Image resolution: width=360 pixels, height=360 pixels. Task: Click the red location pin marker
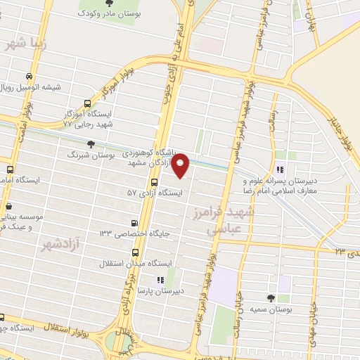click(x=181, y=165)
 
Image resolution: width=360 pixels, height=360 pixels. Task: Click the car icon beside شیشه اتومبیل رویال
click(x=28, y=77)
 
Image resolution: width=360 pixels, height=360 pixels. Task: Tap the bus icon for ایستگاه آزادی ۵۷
click(x=154, y=181)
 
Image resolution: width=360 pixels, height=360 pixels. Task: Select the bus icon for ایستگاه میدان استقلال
click(x=134, y=254)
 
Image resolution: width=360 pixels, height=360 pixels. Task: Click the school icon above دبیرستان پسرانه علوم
click(x=280, y=169)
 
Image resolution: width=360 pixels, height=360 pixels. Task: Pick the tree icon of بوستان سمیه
click(x=271, y=298)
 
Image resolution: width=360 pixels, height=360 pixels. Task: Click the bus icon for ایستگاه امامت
click(x=10, y=169)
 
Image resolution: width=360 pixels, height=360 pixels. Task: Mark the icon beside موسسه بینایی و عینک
click(x=8, y=207)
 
